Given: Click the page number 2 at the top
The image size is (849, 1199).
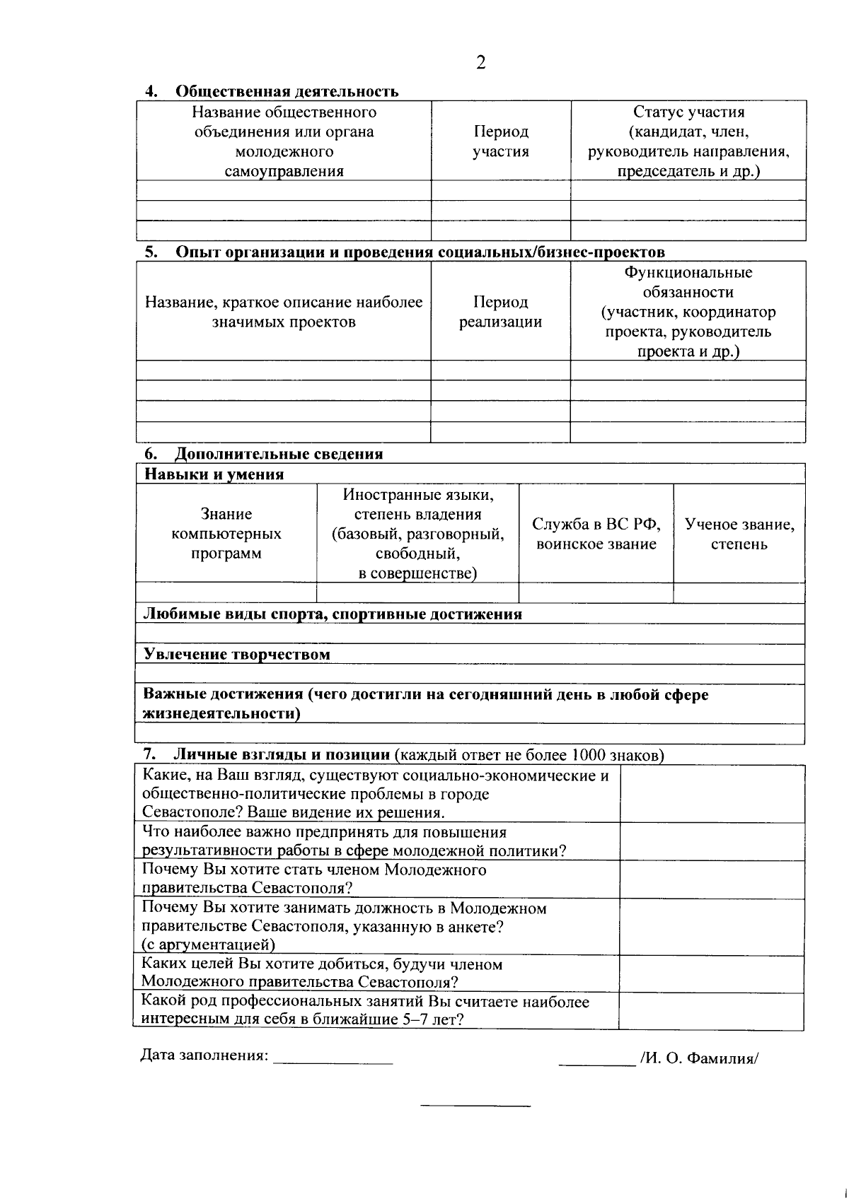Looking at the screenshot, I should point(481,63).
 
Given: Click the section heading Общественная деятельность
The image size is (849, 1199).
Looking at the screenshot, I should point(287,91).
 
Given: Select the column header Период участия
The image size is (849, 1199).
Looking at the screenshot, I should point(501,141).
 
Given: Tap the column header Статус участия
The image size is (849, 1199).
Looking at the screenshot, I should point(688,141).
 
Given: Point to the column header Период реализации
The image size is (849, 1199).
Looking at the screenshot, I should point(500,312).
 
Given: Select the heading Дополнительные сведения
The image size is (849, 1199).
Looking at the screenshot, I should point(279,454).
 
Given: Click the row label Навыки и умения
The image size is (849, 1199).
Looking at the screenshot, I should point(214,474).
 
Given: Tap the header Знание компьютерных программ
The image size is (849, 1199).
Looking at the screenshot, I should point(226,534).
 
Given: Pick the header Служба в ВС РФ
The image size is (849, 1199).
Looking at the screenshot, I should point(596,534).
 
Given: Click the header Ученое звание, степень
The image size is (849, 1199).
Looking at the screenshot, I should point(739,534).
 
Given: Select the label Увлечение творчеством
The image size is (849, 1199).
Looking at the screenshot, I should point(236,655).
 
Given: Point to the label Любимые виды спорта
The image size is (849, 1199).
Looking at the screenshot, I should point(333,614).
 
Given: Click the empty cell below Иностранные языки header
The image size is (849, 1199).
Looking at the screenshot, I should point(417,593).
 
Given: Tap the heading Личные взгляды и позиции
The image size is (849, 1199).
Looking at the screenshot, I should point(282,755).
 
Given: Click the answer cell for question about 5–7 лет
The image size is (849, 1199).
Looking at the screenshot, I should point(711,1011).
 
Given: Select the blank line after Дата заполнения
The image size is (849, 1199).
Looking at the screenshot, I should point(333,1058).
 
